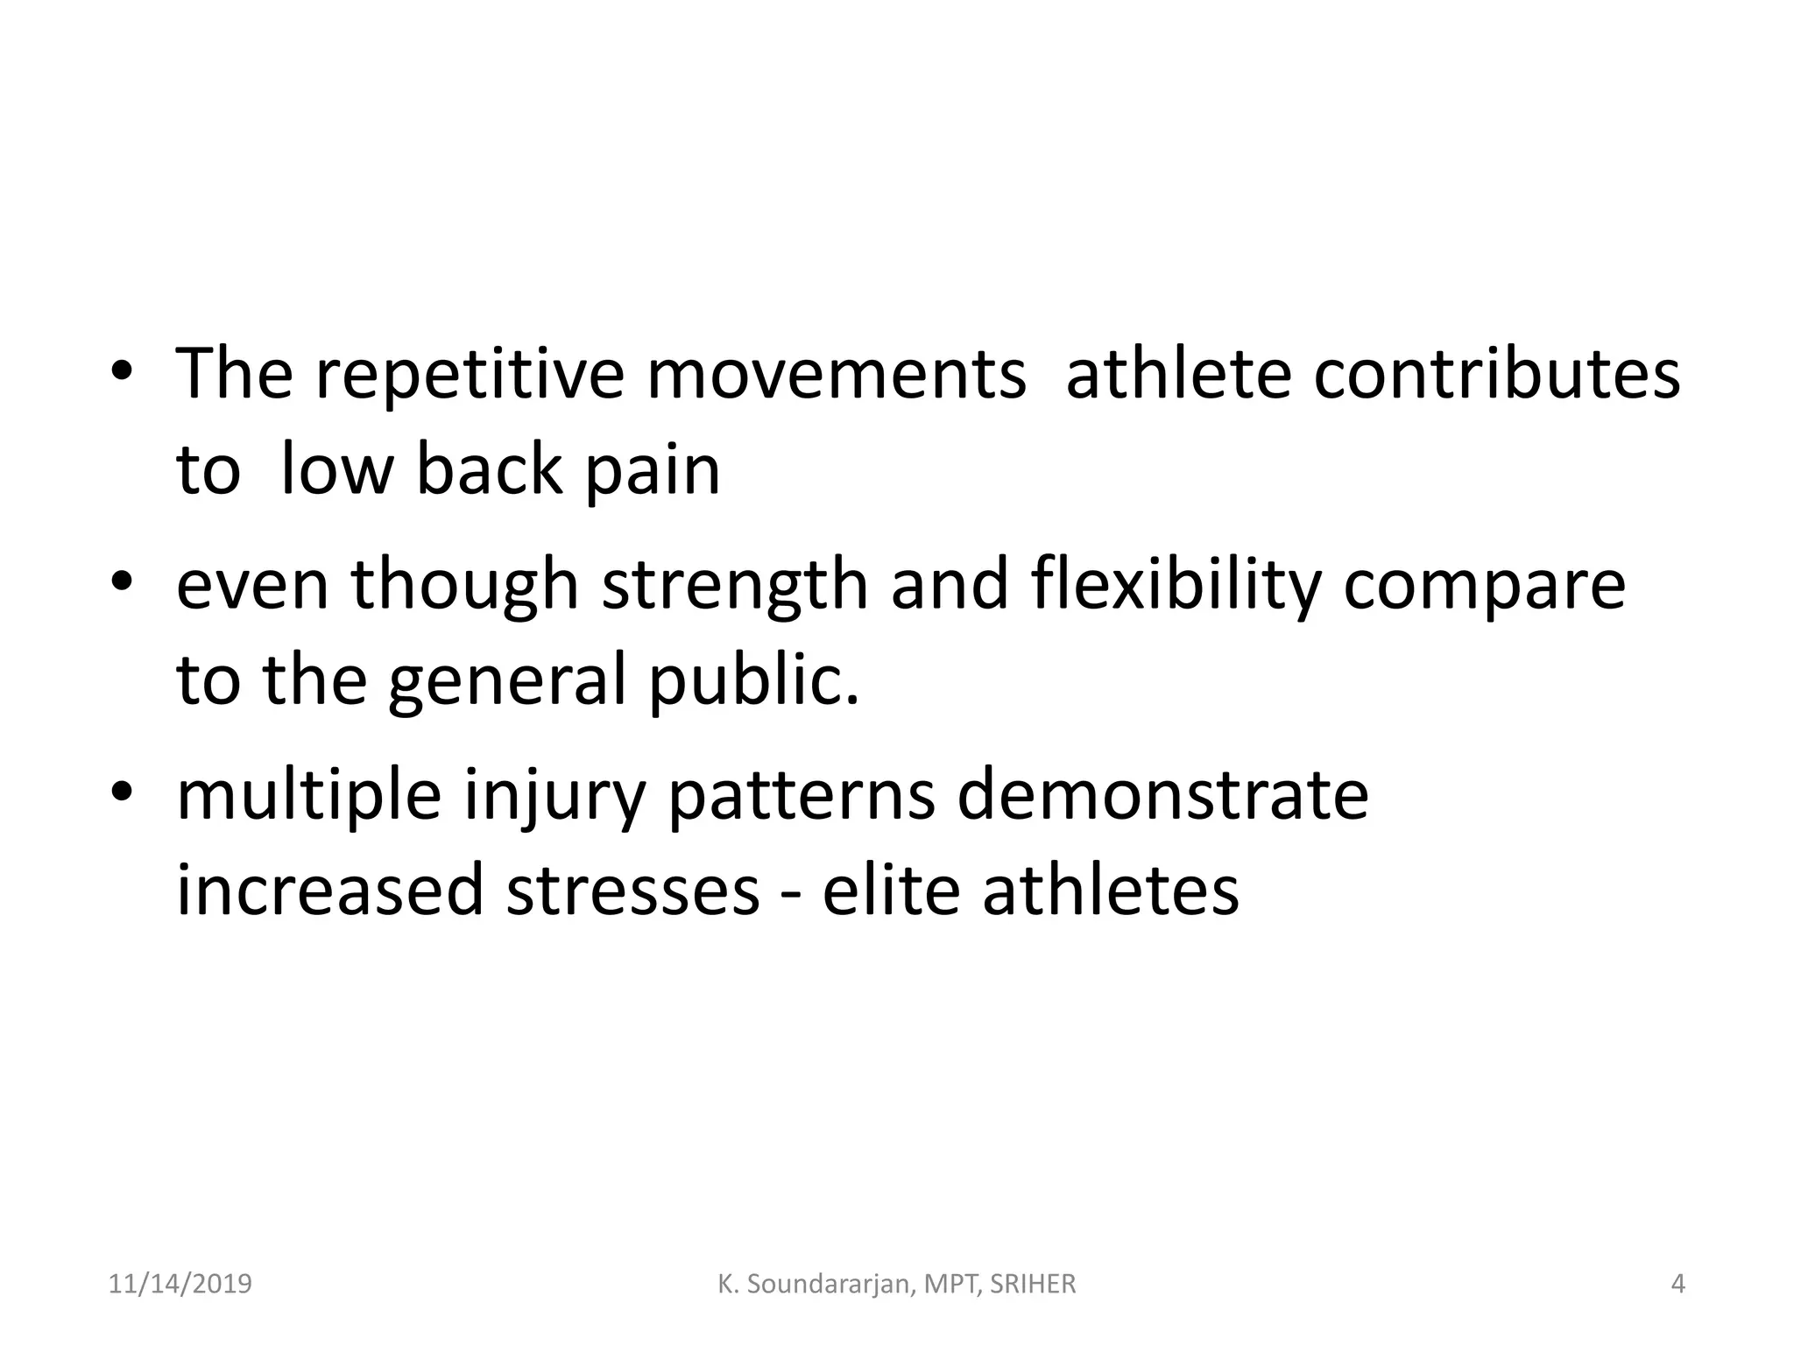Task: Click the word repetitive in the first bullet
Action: tap(469, 375)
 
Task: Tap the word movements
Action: tap(837, 375)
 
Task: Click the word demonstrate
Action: tap(1162, 796)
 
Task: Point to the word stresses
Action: tap(632, 891)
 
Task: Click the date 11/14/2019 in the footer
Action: tap(180, 1284)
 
